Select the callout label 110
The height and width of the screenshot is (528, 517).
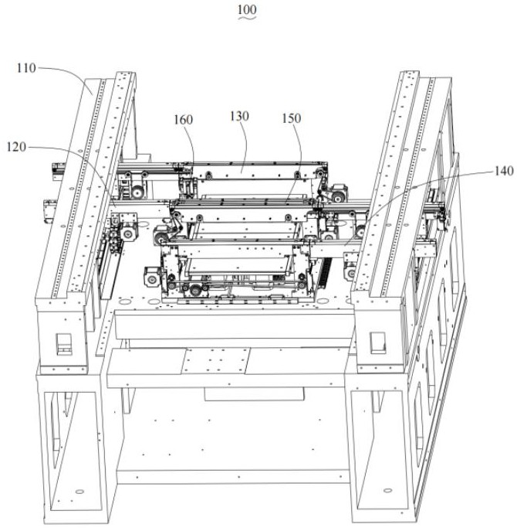(26, 68)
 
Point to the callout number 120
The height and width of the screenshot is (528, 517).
(21, 145)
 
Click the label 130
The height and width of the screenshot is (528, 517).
(240, 116)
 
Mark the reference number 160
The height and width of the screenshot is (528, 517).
(184, 120)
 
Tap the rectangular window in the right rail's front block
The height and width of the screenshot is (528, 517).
(377, 341)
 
